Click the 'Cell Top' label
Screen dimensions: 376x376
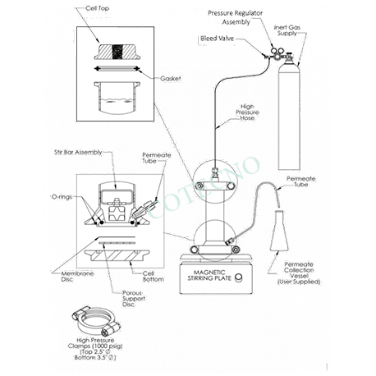(x=97, y=8)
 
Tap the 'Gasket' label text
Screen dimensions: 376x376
(x=171, y=79)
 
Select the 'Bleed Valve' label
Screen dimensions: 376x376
(x=217, y=39)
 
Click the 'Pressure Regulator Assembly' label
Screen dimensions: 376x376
(x=236, y=17)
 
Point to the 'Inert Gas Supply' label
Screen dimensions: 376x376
(x=287, y=30)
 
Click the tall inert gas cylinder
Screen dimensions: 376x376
(x=289, y=115)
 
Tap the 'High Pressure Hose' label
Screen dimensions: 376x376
(x=247, y=112)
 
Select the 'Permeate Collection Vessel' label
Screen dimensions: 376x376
(x=299, y=273)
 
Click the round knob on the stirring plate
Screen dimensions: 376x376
(x=239, y=277)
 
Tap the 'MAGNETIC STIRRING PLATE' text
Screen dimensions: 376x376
(x=209, y=275)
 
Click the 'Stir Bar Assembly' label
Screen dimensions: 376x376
(x=78, y=152)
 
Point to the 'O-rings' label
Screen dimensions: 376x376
(x=62, y=197)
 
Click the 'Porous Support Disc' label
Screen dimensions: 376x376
(x=134, y=299)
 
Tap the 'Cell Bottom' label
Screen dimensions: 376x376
(x=154, y=277)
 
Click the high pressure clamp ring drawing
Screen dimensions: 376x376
(x=95, y=321)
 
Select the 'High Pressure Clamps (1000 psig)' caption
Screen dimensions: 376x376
(x=95, y=349)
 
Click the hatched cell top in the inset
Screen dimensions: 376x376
(x=117, y=52)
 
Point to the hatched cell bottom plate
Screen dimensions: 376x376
(x=117, y=255)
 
